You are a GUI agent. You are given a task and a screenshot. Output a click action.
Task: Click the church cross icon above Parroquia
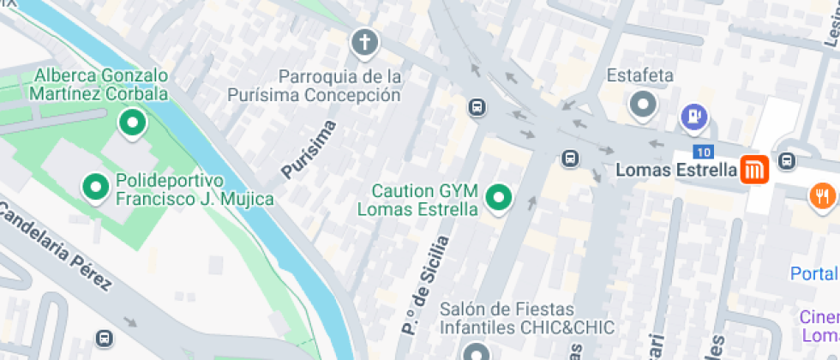(364, 42)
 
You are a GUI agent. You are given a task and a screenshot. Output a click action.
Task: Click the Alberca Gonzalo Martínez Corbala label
(101, 84)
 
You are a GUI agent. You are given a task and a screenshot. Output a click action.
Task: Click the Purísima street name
(309, 150)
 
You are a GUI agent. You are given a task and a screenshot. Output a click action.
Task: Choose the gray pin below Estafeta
(642, 105)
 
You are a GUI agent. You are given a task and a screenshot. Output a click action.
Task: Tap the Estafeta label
(640, 75)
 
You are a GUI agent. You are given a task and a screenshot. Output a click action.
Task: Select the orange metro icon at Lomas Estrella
(754, 170)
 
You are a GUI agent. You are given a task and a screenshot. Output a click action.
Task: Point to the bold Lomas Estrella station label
(676, 171)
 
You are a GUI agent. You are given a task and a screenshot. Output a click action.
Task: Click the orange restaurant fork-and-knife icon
(822, 195)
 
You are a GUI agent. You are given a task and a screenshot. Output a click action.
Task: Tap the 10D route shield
(704, 152)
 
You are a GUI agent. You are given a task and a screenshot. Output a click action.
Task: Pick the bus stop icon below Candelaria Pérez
(105, 338)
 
